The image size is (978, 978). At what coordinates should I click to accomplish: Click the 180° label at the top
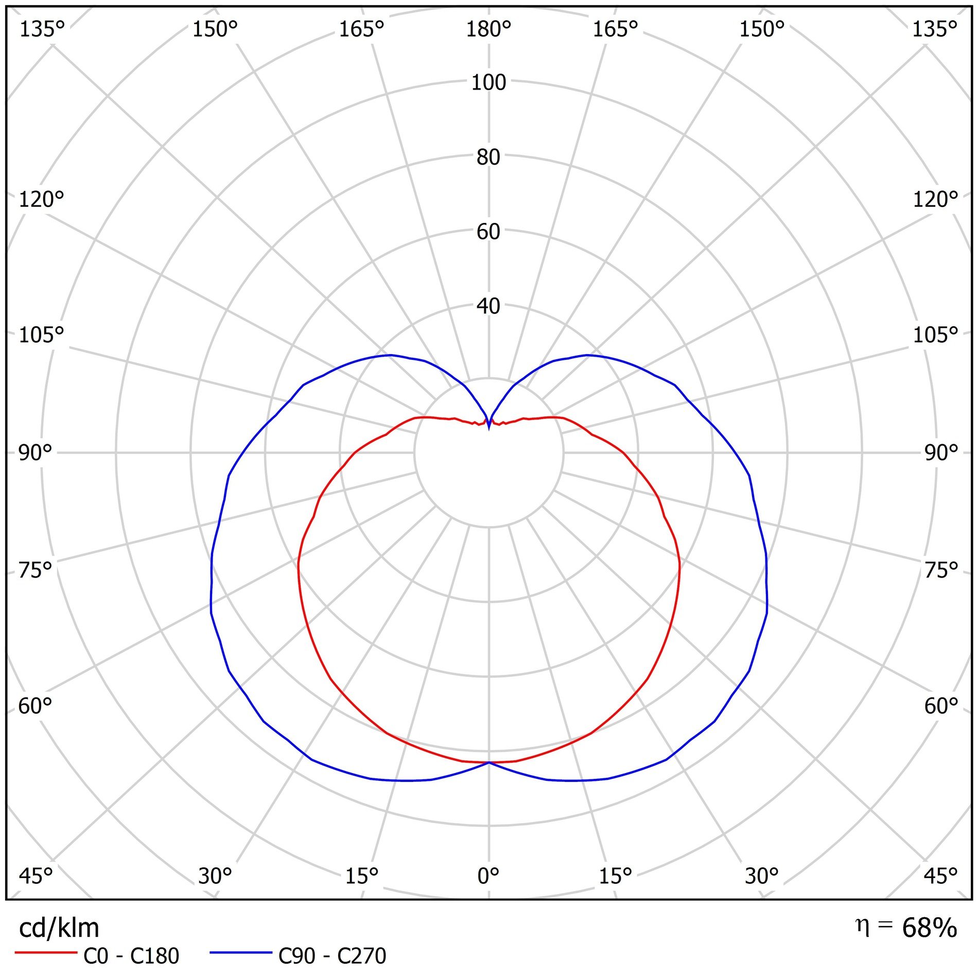[x=488, y=29]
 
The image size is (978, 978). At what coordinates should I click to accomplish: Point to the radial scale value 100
[x=488, y=82]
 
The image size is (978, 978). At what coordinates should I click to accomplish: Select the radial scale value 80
[x=488, y=157]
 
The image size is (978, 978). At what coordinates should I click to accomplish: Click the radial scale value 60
[x=488, y=232]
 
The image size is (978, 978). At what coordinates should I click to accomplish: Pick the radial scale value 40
[x=488, y=306]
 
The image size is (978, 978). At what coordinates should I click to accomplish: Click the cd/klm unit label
[x=59, y=928]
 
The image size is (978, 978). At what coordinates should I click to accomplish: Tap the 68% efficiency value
[x=930, y=928]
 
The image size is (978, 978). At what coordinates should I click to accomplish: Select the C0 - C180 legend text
[x=131, y=956]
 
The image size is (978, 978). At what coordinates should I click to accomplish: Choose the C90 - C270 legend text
[x=332, y=956]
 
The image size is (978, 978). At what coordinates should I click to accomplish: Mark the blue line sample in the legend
[x=240, y=953]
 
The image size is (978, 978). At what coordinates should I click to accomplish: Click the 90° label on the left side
[x=36, y=453]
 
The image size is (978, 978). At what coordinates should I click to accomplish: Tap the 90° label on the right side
[x=941, y=453]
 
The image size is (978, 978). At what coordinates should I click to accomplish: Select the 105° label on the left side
[x=41, y=335]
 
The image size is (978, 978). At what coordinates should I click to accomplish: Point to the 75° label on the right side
[x=941, y=570]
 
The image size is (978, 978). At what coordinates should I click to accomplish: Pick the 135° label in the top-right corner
[x=935, y=29]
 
